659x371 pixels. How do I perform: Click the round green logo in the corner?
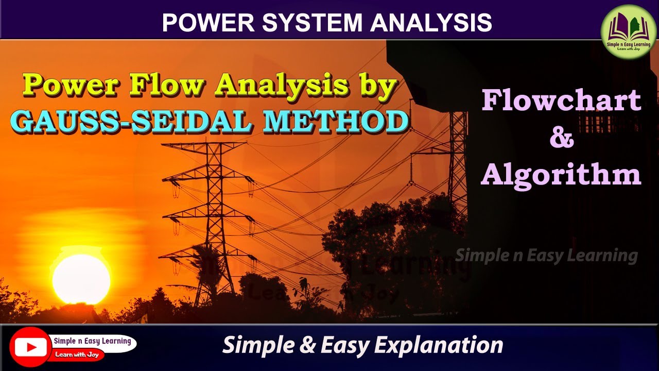coord(629,32)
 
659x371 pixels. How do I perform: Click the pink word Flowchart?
coord(561,100)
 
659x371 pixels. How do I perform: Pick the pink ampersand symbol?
coord(561,138)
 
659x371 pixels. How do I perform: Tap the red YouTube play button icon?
coord(30,347)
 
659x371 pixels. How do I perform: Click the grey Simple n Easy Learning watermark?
coord(546,255)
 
